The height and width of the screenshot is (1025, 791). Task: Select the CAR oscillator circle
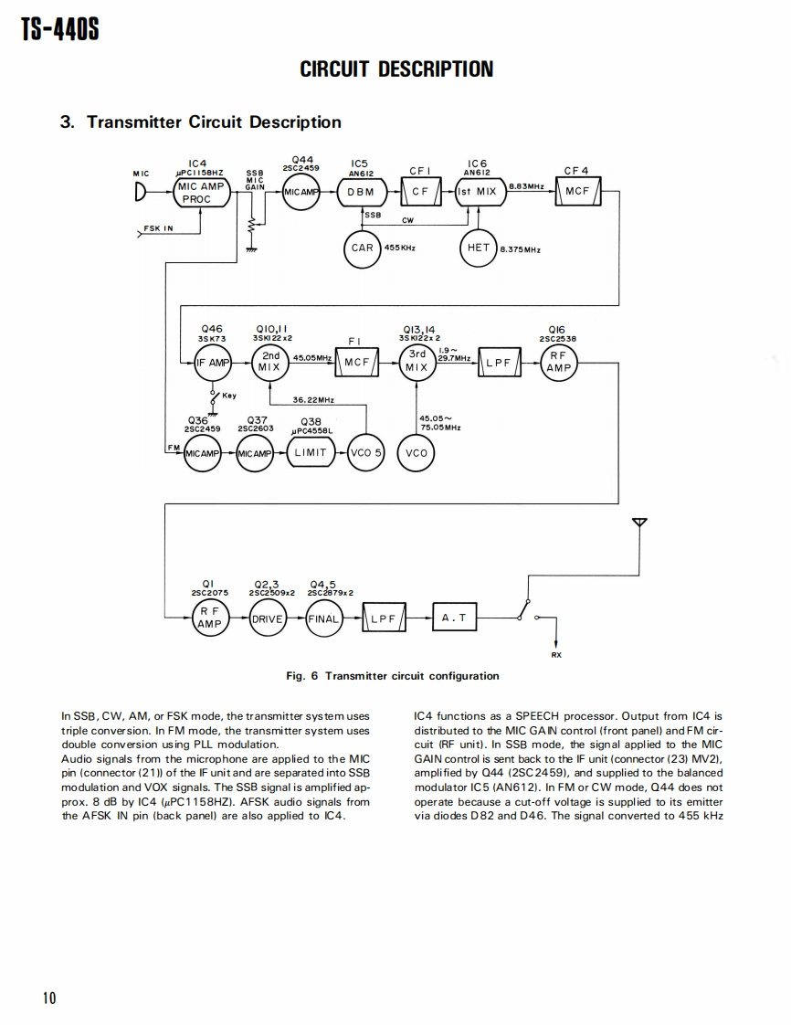[x=362, y=248]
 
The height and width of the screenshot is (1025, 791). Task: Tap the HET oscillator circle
[x=479, y=248]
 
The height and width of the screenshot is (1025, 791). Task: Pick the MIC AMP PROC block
[x=198, y=193]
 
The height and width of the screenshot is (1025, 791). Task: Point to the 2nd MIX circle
[x=270, y=362]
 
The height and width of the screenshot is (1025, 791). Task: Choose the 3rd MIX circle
[x=417, y=362]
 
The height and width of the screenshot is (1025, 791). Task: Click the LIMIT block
[x=310, y=453]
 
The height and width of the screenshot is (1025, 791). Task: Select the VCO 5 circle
[x=366, y=453]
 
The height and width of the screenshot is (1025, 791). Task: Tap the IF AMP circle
[x=212, y=363]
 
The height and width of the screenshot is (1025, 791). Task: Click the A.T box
[x=453, y=618]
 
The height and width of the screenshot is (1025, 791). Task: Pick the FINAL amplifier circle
[x=322, y=618]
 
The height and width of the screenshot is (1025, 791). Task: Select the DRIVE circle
[x=268, y=618]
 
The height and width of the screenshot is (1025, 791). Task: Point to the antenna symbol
[x=639, y=523]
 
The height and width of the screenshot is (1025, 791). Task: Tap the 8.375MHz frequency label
[x=521, y=248]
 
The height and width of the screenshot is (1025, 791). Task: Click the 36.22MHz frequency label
[x=313, y=400]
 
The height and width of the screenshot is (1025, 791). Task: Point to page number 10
[x=49, y=998]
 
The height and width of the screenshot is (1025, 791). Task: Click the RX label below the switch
[x=556, y=654]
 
